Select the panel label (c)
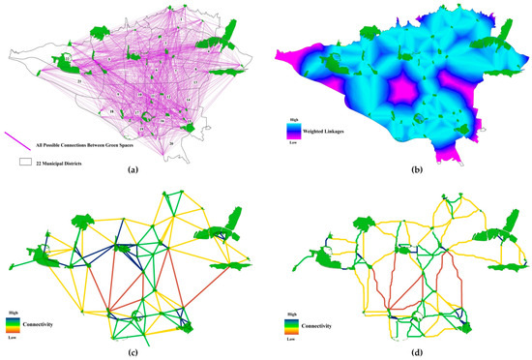pos(133,351)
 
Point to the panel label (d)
pos(398,351)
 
